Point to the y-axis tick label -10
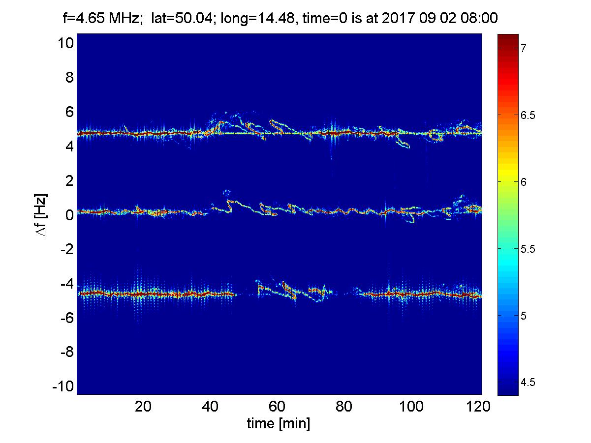click(x=63, y=386)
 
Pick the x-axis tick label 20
click(x=143, y=407)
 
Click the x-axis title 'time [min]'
click(x=279, y=423)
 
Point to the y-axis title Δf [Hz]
click(x=43, y=215)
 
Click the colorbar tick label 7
click(x=525, y=48)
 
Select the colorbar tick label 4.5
click(x=529, y=382)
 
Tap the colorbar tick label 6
click(x=525, y=182)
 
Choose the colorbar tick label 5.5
click(x=529, y=249)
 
